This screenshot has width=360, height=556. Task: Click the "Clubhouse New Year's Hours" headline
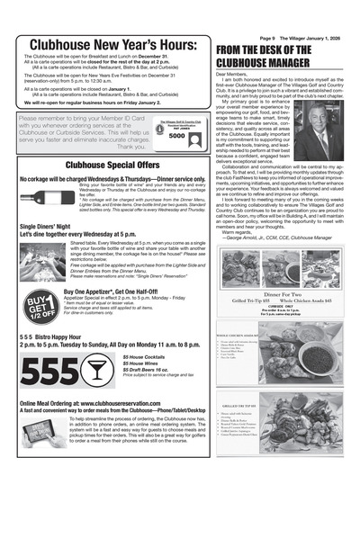(x=112, y=47)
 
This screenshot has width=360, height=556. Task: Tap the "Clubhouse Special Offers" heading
(x=112, y=166)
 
